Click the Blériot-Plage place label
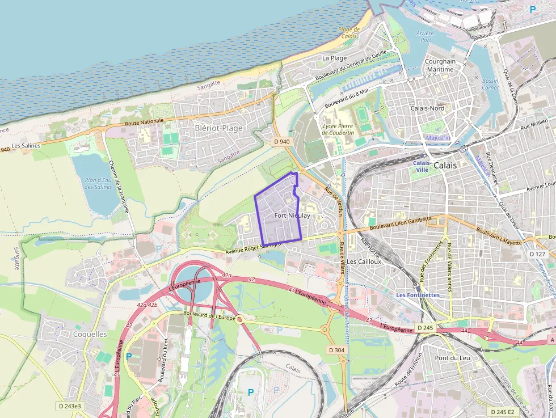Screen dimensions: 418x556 pos(218,128)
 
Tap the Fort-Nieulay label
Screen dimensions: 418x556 pos(292,216)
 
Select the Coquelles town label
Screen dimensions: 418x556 pos(90,334)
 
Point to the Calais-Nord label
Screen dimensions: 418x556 pos(427,108)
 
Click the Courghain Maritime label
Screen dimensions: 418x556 pos(440,65)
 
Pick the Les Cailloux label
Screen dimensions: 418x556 pos(364,261)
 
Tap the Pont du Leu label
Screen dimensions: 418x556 pos(452,358)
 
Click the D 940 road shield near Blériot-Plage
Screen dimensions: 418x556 pos(281,141)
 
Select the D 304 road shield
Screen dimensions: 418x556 pos(336,350)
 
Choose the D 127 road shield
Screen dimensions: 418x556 pos(537,254)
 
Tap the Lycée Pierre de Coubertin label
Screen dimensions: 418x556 pos(338,129)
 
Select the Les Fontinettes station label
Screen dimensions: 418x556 pos(418,295)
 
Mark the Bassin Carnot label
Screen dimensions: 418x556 pos(490,84)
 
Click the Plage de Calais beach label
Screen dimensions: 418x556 pos(349,33)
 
